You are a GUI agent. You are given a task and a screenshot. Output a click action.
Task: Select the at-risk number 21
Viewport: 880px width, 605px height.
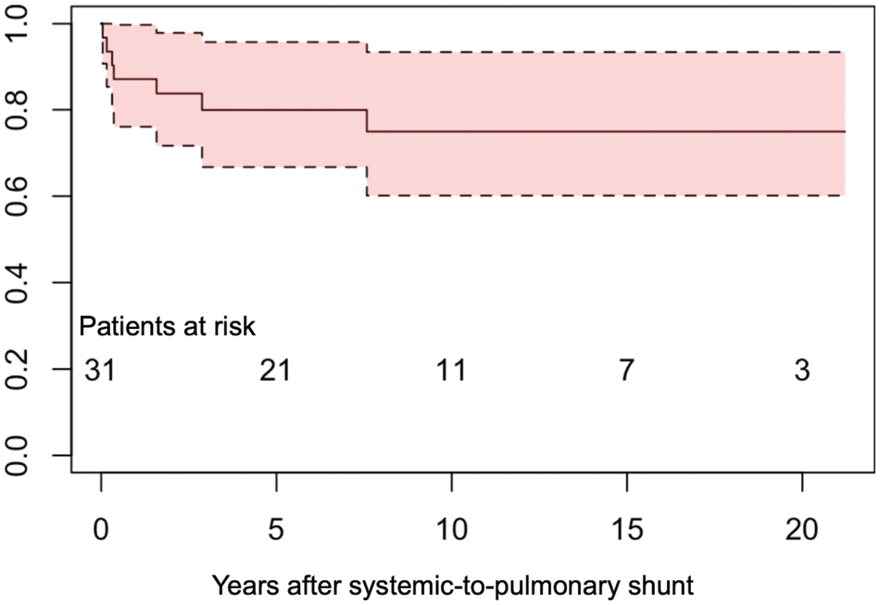click(x=275, y=372)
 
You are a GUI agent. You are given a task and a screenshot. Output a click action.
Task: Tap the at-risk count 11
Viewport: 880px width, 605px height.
click(x=451, y=372)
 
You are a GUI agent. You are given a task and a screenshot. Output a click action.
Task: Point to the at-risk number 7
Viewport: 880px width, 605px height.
click(x=627, y=372)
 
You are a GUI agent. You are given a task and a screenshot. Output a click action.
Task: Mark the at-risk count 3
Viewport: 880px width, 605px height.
click(x=802, y=372)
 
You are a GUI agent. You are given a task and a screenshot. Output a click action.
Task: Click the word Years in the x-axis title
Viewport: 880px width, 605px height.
click(x=241, y=586)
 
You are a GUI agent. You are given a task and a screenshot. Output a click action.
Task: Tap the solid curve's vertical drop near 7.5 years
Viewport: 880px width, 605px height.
click(x=367, y=120)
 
